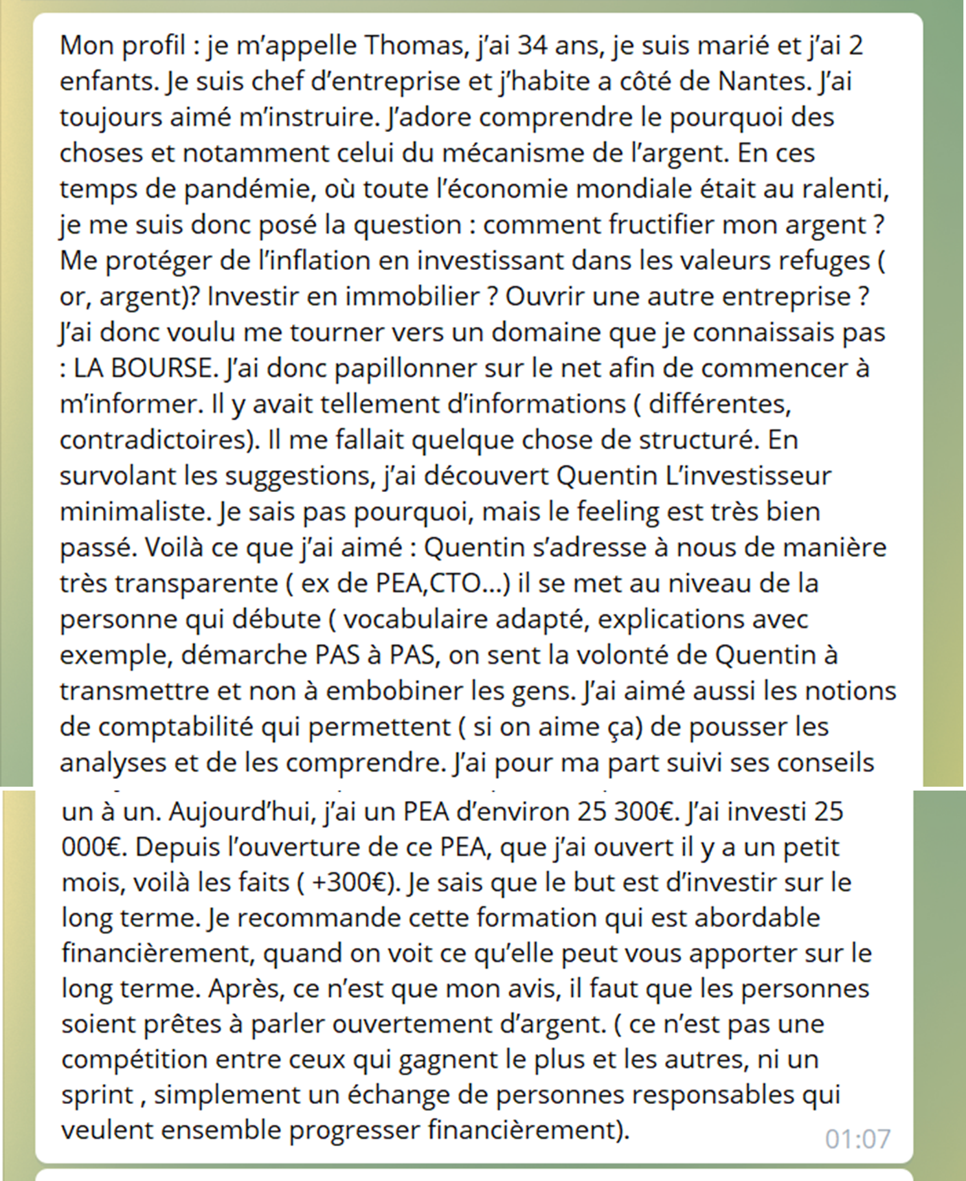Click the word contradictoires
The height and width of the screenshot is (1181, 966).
(x=155, y=440)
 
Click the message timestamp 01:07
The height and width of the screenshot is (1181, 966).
(x=857, y=1138)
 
